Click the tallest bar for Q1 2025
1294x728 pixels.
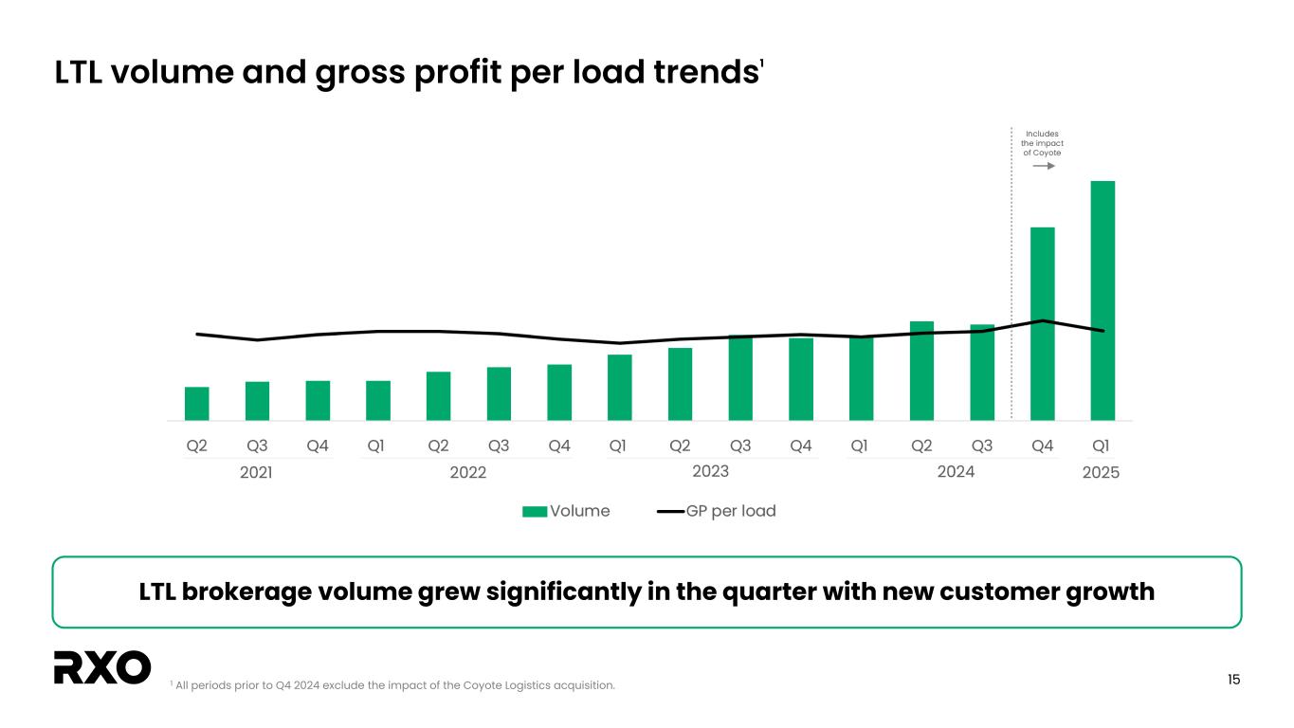pyautogui.click(x=1103, y=300)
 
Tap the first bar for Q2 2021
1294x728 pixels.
pyautogui.click(x=196, y=403)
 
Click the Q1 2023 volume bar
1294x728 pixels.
pyautogui.click(x=619, y=387)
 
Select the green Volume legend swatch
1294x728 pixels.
pyautogui.click(x=535, y=511)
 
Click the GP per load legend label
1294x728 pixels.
pyautogui.click(x=731, y=511)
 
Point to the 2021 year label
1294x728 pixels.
pyautogui.click(x=256, y=472)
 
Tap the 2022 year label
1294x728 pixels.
pyautogui.click(x=467, y=472)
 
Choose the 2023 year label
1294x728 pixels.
pyautogui.click(x=711, y=470)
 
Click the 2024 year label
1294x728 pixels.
pyautogui.click(x=956, y=470)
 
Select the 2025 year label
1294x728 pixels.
pyautogui.click(x=1101, y=472)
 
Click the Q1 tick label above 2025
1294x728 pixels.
pyautogui.click(x=1102, y=445)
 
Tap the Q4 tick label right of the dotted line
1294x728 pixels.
pyautogui.click(x=1042, y=445)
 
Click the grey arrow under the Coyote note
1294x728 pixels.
pyautogui.click(x=1044, y=166)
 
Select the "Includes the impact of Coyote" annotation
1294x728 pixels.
pyautogui.click(x=1042, y=143)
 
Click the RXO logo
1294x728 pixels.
pyautogui.click(x=102, y=667)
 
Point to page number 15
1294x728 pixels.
pyautogui.click(x=1233, y=679)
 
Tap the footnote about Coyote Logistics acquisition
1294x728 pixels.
pyautogui.click(x=392, y=685)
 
